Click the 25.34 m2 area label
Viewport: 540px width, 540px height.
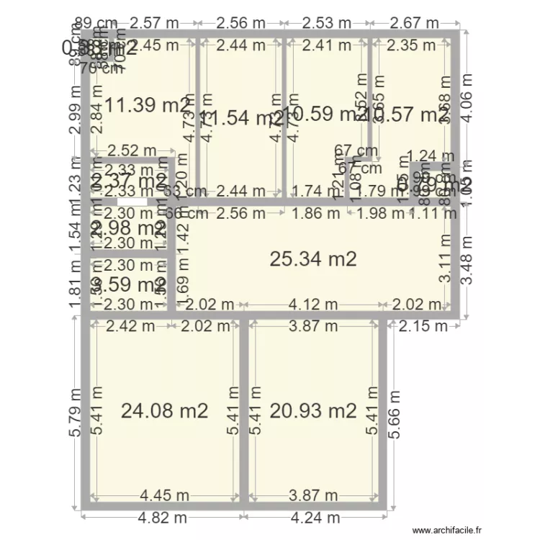pyautogui.click(x=313, y=259)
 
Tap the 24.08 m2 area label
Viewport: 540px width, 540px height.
pyautogui.click(x=164, y=411)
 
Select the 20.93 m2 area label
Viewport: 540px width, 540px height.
pyautogui.click(x=313, y=411)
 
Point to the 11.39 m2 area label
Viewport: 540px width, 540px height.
pyautogui.click(x=148, y=106)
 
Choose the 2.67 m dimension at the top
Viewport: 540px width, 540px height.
pyautogui.click(x=413, y=23)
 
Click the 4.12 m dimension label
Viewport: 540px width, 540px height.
pyautogui.click(x=313, y=305)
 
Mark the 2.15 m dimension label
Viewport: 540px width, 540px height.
pyautogui.click(x=423, y=326)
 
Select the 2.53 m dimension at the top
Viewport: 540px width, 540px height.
pyautogui.click(x=327, y=23)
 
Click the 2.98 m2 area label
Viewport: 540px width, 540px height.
pyautogui.click(x=128, y=228)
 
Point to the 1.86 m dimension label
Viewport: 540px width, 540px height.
pyautogui.click(x=316, y=212)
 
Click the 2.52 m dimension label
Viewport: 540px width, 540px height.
pyautogui.click(x=131, y=150)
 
